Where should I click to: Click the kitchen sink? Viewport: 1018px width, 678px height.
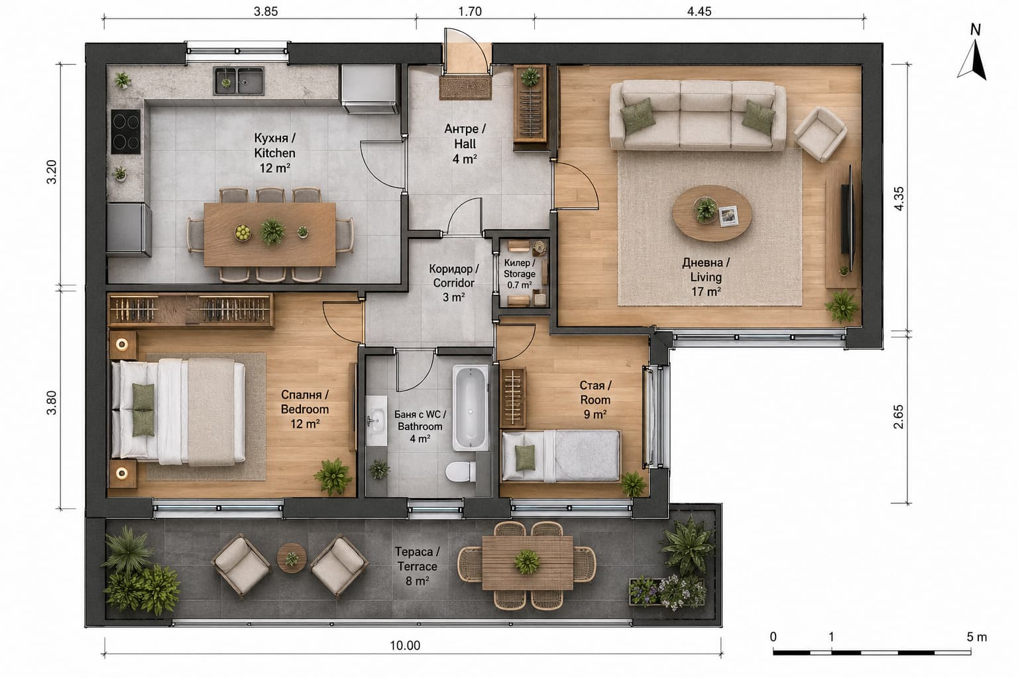click(239, 81)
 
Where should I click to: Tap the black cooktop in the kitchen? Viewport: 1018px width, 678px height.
click(126, 132)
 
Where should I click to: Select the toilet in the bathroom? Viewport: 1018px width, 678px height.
click(461, 471)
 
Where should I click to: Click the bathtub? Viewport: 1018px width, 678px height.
click(471, 408)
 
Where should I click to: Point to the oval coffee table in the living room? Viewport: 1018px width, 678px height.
click(712, 213)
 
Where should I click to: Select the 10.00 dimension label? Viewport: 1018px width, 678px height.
click(405, 646)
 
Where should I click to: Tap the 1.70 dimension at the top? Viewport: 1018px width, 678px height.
click(470, 11)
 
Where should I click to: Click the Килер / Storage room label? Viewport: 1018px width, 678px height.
click(520, 274)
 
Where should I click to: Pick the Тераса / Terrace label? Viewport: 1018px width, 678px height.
click(417, 566)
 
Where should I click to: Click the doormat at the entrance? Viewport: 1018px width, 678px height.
click(465, 88)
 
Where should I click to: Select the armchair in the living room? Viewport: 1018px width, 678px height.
click(820, 134)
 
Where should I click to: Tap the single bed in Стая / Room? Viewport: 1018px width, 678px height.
click(561, 456)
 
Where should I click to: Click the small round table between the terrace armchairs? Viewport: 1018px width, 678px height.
click(292, 558)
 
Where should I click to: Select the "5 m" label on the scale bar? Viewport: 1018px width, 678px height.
click(977, 637)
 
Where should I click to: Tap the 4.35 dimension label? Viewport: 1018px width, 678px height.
click(899, 199)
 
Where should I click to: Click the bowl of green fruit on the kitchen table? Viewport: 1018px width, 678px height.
click(243, 233)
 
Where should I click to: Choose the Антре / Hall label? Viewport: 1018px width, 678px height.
click(465, 144)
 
